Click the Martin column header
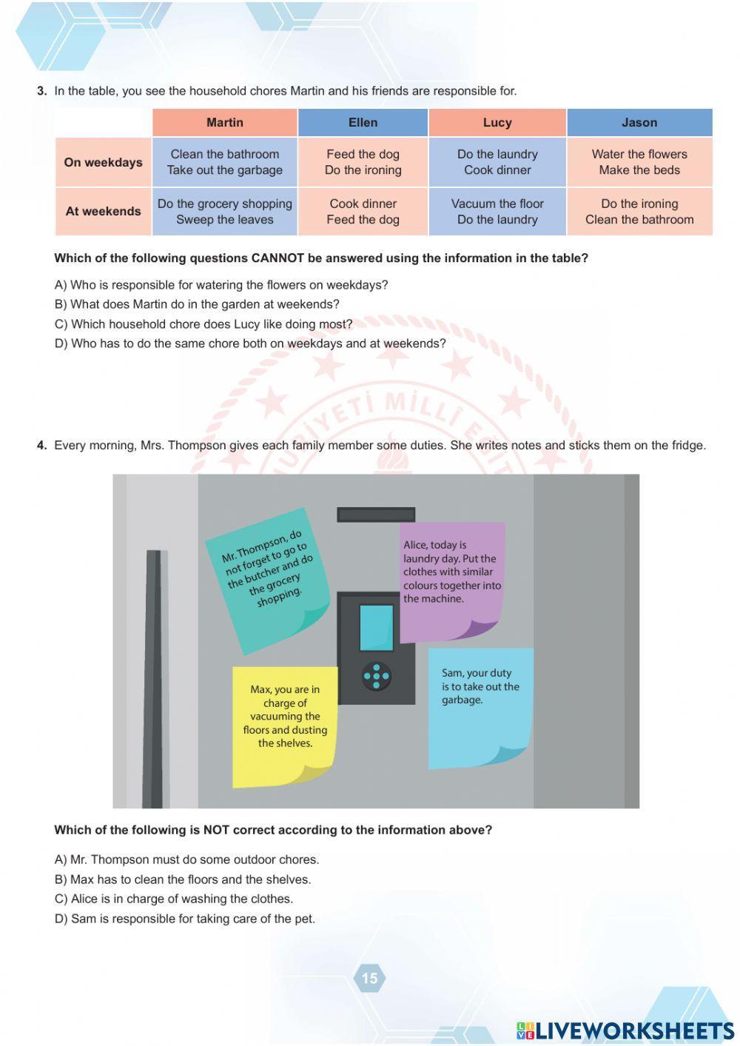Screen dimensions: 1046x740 click(x=225, y=123)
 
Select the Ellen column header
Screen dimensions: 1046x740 click(x=363, y=123)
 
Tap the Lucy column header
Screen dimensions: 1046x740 click(x=497, y=123)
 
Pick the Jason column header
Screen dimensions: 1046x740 click(x=639, y=123)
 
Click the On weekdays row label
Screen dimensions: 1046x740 click(x=103, y=162)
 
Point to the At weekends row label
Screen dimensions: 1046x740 click(x=103, y=211)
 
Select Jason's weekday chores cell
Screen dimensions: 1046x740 click(x=639, y=162)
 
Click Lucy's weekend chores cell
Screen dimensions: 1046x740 click(x=497, y=212)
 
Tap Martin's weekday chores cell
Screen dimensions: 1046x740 click(x=225, y=162)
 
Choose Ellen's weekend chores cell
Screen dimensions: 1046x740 click(x=363, y=212)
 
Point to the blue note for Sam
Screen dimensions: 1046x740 click(x=480, y=707)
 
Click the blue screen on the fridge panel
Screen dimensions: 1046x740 click(x=376, y=628)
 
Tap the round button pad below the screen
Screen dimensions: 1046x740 click(x=376, y=675)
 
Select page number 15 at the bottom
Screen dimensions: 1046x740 click(x=369, y=978)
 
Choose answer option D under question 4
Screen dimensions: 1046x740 click(x=185, y=919)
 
